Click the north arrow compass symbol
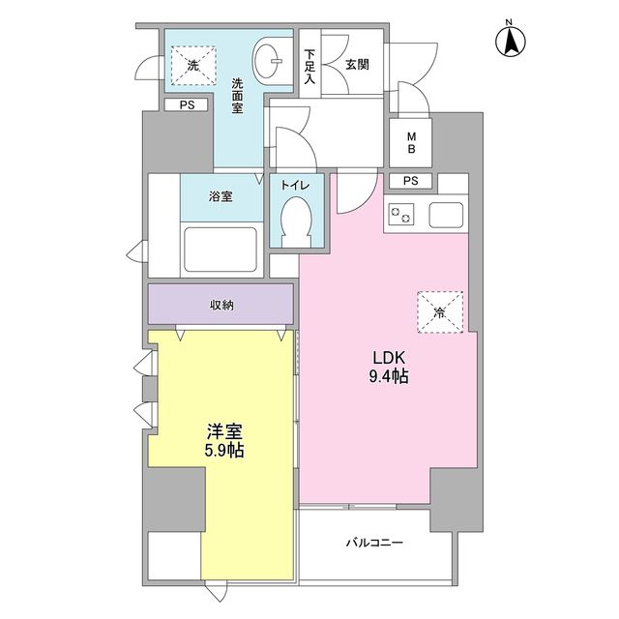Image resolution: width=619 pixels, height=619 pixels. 510,40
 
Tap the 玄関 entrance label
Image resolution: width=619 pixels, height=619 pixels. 358,66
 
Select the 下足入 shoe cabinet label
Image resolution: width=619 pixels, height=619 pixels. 309,68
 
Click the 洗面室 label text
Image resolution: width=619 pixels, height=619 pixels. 237,97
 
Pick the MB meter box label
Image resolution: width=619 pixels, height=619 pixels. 410,143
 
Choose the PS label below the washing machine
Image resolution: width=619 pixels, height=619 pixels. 187,105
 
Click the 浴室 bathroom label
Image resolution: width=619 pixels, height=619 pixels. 221,197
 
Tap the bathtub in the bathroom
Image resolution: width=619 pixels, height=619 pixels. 220,251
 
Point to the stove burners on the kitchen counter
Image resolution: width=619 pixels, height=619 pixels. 399,215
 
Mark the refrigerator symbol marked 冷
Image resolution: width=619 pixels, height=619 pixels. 440,311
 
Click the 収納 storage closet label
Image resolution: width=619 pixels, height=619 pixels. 221,305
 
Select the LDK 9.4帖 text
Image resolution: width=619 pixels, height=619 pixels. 387,366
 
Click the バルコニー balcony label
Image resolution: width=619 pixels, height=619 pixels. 375,543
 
